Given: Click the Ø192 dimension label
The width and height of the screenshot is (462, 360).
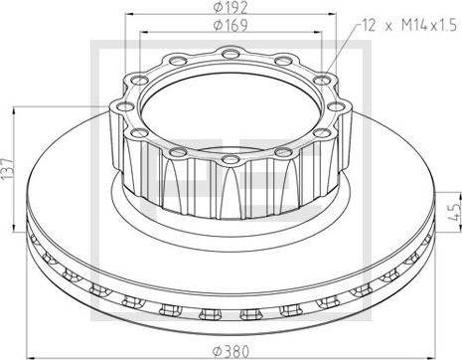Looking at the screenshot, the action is click(231, 7).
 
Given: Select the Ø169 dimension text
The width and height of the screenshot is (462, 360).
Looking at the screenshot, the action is click(231, 25).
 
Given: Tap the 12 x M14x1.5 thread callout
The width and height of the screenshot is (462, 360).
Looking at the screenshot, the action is click(409, 25).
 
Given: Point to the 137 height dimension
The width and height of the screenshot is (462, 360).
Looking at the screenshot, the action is click(7, 169).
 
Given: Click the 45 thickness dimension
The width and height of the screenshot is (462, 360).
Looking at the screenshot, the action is click(456, 212).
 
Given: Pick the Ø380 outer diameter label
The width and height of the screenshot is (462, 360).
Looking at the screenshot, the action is click(231, 351).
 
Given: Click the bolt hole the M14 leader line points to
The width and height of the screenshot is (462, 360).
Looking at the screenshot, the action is click(322, 80).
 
